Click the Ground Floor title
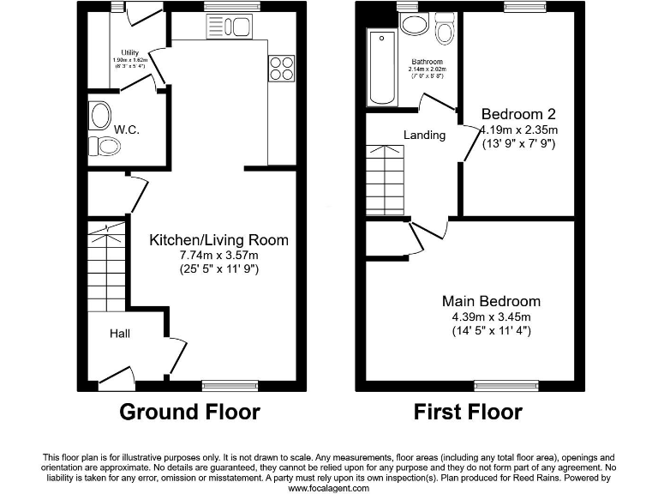point(189,413)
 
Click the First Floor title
point(468,413)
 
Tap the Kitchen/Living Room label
point(218,240)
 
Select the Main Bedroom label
point(491,301)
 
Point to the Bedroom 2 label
point(518,114)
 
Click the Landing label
point(425,135)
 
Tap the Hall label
point(119,333)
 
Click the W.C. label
point(127,130)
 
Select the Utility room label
point(130,52)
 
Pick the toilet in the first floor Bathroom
point(443,32)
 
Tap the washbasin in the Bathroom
point(416,22)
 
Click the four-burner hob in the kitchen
point(280,68)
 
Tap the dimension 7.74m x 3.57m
point(218,256)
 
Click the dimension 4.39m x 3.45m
point(491,316)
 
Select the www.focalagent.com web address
point(328,488)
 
